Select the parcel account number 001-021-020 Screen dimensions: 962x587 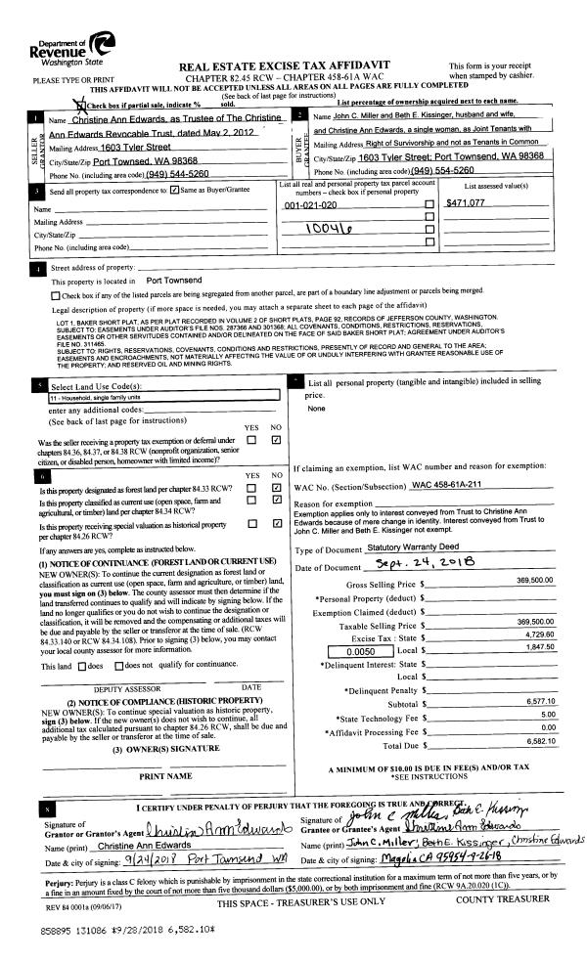tap(311, 204)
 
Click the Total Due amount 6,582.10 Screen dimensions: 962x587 tap(538, 742)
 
